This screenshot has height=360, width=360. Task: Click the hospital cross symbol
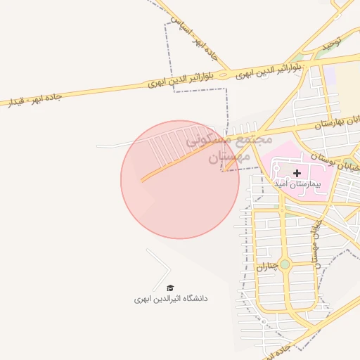coord(297,172)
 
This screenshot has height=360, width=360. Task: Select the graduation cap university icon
coord(169,288)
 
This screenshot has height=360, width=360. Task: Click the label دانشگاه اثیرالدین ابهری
coord(171,298)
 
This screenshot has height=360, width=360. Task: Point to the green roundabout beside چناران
coord(284,264)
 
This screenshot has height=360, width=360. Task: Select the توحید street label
coord(331,43)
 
